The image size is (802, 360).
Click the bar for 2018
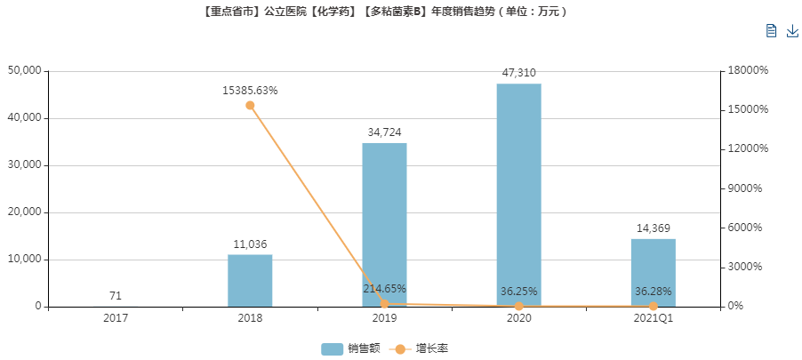[250, 281]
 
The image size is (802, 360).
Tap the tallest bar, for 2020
[518, 196]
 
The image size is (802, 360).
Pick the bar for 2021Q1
[654, 273]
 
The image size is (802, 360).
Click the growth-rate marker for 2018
[250, 105]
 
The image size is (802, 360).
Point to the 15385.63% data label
[250, 90]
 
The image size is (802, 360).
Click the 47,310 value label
[518, 73]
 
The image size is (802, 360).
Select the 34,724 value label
[384, 132]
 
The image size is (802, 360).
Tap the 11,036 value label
[250, 244]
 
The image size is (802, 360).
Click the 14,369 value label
[654, 228]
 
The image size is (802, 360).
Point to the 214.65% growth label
[384, 289]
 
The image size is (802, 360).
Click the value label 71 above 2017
[116, 296]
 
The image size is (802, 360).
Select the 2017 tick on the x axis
[116, 317]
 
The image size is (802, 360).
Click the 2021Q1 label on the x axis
[654, 317]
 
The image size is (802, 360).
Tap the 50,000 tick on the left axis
[25, 71]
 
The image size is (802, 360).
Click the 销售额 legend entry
[350, 348]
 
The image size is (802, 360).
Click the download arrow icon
[792, 31]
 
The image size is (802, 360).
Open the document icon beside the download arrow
[772, 31]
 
